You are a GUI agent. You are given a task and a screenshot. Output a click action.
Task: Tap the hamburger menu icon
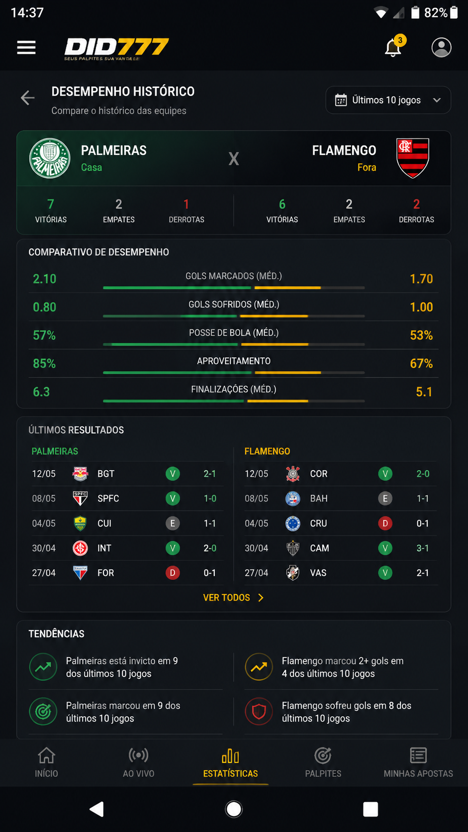pyautogui.click(x=26, y=48)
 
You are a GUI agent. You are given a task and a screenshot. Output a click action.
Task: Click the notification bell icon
pyautogui.click(x=393, y=48)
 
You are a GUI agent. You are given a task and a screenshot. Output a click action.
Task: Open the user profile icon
pyautogui.click(x=441, y=48)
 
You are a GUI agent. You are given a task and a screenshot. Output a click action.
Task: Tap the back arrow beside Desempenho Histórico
pyautogui.click(x=27, y=98)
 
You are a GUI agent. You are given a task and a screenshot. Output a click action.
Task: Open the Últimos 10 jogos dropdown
pyautogui.click(x=388, y=100)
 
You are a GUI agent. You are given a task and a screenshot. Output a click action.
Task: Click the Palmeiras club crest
pyautogui.click(x=50, y=158)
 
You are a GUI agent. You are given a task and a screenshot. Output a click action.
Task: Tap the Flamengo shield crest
pyautogui.click(x=413, y=158)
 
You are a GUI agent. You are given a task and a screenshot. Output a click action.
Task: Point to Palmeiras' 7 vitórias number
pyautogui.click(x=51, y=204)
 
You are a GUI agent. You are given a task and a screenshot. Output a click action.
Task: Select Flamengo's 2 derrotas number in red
pyautogui.click(x=416, y=204)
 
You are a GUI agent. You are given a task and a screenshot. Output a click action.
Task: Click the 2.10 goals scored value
pyautogui.click(x=45, y=279)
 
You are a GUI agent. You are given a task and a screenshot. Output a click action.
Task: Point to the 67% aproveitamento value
pyautogui.click(x=421, y=363)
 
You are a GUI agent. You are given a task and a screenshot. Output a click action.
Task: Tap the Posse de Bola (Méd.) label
pyautogui.click(x=234, y=333)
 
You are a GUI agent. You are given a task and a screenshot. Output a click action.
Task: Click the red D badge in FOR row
pyautogui.click(x=173, y=573)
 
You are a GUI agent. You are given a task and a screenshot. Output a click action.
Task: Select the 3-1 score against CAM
pyautogui.click(x=422, y=548)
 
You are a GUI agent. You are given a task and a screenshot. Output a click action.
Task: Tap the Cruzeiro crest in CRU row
pyautogui.click(x=293, y=523)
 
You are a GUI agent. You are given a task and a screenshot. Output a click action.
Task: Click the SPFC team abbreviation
pyautogui.click(x=108, y=499)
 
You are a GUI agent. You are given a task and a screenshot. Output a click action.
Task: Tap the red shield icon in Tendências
pyautogui.click(x=259, y=711)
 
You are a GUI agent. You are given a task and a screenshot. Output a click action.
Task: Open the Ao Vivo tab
pyautogui.click(x=138, y=762)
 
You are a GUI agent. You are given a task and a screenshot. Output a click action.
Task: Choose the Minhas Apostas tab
pyautogui.click(x=418, y=762)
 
